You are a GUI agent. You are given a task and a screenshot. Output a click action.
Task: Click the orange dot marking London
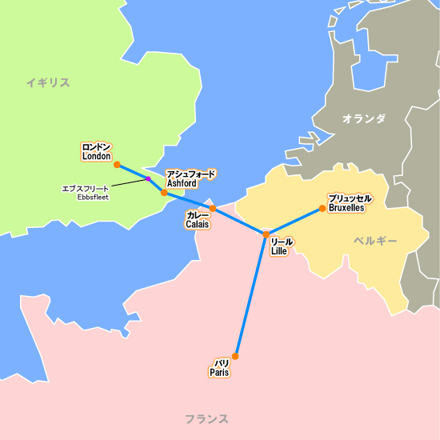click(117, 165)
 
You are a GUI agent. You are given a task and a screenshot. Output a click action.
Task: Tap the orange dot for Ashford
click(164, 193)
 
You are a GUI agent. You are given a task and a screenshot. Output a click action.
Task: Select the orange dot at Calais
click(213, 208)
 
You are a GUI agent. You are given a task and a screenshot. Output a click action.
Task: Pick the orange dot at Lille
click(266, 234)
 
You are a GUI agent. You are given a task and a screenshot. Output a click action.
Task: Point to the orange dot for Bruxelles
click(322, 209)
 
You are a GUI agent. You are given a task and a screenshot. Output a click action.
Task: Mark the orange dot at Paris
click(235, 356)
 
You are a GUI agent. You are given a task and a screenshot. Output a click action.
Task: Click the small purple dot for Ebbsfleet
click(148, 179)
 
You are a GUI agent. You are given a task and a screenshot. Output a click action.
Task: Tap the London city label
click(97, 152)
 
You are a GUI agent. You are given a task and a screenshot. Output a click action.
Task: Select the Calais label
click(198, 220)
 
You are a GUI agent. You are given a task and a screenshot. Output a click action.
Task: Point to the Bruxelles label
click(349, 202)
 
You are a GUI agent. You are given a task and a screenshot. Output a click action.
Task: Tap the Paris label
click(219, 368)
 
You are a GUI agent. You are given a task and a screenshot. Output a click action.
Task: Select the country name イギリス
click(47, 82)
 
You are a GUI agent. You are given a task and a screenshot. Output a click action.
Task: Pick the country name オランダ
click(363, 119)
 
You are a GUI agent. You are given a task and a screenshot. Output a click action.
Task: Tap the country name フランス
click(206, 418)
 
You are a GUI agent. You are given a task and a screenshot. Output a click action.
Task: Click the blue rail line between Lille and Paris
click(250, 296)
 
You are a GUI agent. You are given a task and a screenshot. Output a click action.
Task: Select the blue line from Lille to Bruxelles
click(294, 222)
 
